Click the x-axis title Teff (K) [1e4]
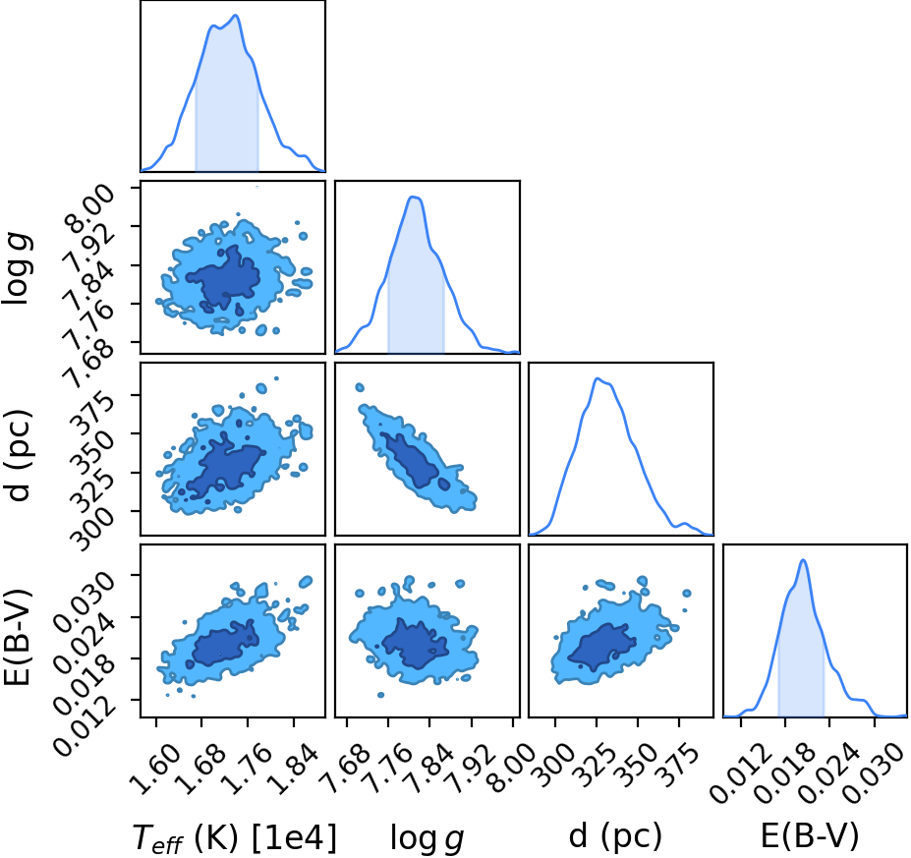235,838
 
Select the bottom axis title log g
427,838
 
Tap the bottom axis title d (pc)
615,836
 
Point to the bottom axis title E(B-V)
810,836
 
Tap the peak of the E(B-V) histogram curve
803,560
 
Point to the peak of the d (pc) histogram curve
597,378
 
